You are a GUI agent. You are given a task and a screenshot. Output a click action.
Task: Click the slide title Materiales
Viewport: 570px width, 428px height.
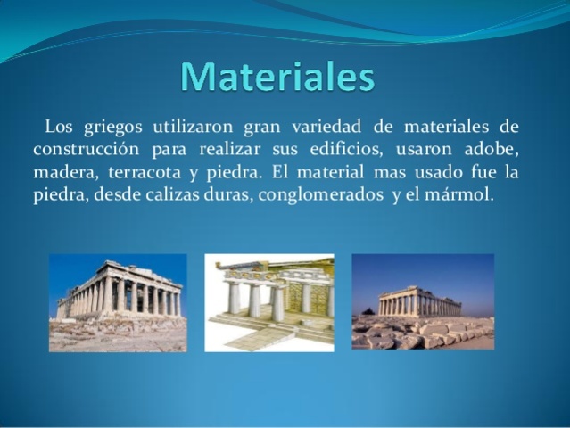[x=277, y=78]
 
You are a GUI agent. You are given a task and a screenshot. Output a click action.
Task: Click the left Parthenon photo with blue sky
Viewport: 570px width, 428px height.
[x=118, y=302]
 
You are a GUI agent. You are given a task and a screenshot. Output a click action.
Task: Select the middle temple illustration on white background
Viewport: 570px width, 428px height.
[x=268, y=302]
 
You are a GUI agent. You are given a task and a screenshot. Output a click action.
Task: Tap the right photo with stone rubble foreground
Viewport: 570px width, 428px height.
[x=422, y=302]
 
